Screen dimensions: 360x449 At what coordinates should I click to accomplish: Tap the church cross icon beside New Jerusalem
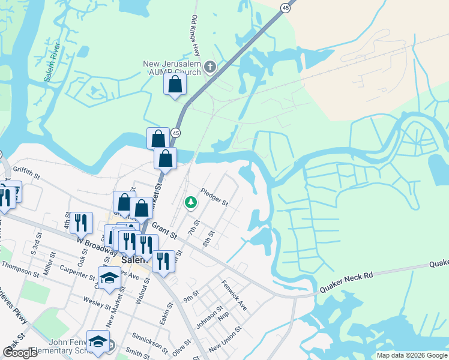(x=209, y=65)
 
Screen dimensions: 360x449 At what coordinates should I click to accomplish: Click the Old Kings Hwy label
(x=195, y=36)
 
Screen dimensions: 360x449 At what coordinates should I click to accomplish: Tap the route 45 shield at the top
(x=285, y=7)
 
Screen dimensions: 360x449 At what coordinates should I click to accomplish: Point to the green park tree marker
(x=191, y=203)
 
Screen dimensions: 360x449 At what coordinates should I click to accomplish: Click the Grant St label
(x=163, y=229)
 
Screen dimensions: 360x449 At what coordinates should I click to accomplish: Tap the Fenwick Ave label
(x=234, y=295)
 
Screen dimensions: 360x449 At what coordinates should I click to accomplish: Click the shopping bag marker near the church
(x=175, y=85)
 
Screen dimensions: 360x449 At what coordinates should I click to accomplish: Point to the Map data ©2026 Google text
(x=412, y=355)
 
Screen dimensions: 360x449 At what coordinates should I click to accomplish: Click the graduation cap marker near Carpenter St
(x=109, y=278)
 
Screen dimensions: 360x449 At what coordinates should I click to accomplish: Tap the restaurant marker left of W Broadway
(x=81, y=223)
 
